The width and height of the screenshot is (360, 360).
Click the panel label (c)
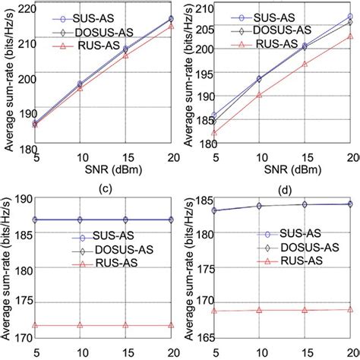click(x=101, y=187)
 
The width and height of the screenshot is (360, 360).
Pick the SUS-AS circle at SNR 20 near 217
click(x=171, y=18)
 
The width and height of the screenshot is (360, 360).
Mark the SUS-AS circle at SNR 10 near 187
click(x=81, y=219)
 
